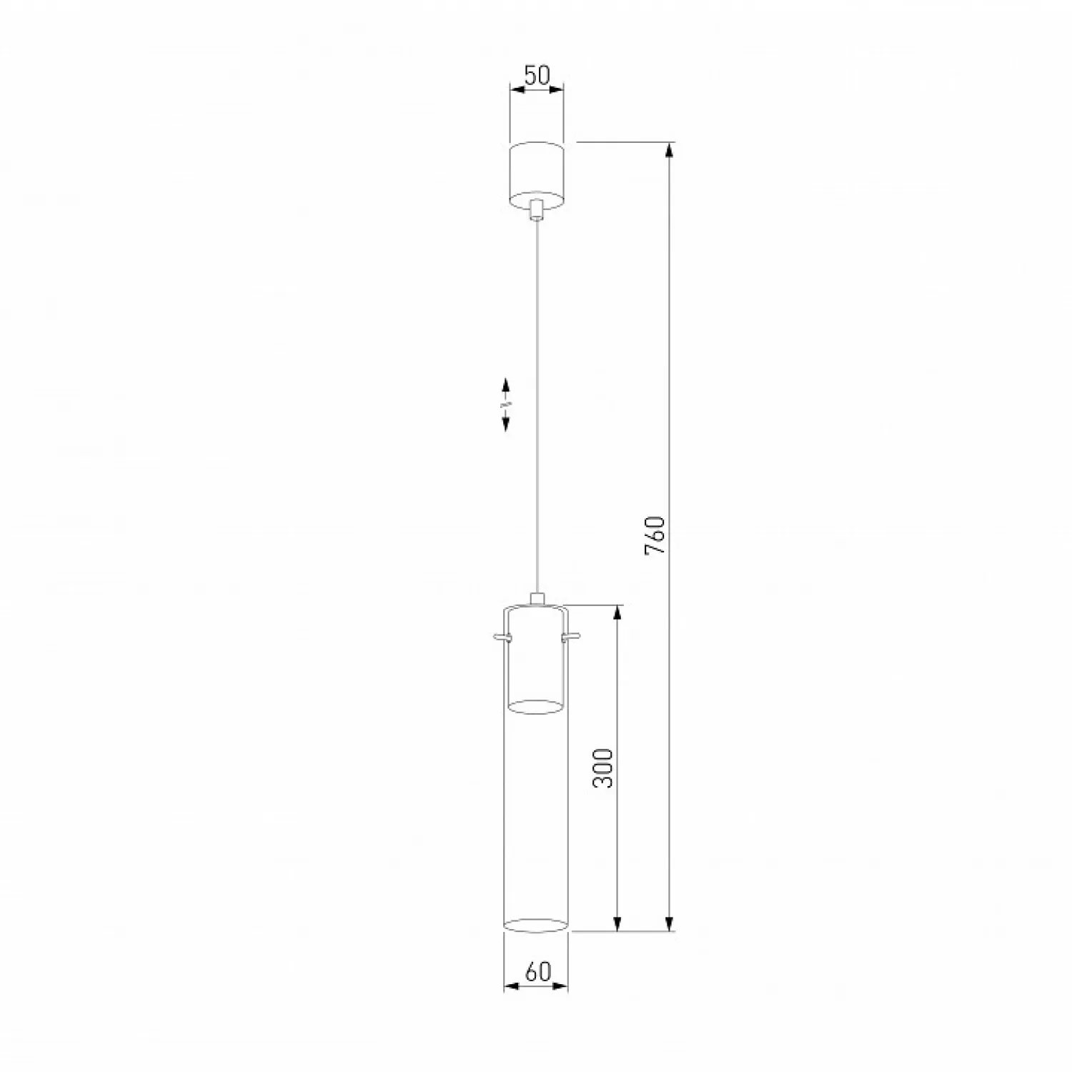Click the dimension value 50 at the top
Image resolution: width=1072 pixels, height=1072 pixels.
[537, 75]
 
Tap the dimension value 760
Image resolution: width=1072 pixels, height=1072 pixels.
[655, 536]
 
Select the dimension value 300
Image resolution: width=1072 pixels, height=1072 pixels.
[604, 768]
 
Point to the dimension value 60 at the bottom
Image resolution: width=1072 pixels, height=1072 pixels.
[537, 972]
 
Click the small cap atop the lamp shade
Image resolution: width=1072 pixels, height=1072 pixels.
[537, 599]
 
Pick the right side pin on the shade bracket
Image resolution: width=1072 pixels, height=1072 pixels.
[571, 636]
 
